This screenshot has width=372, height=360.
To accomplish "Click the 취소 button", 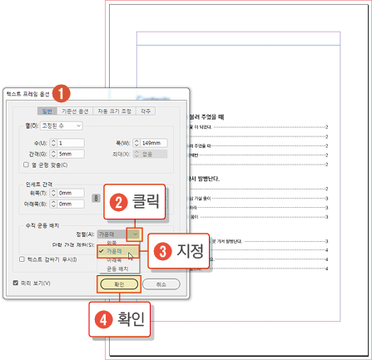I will click(161, 284).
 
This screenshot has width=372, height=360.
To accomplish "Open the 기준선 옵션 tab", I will click(81, 111).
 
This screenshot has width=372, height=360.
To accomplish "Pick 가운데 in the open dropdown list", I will click(115, 249).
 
